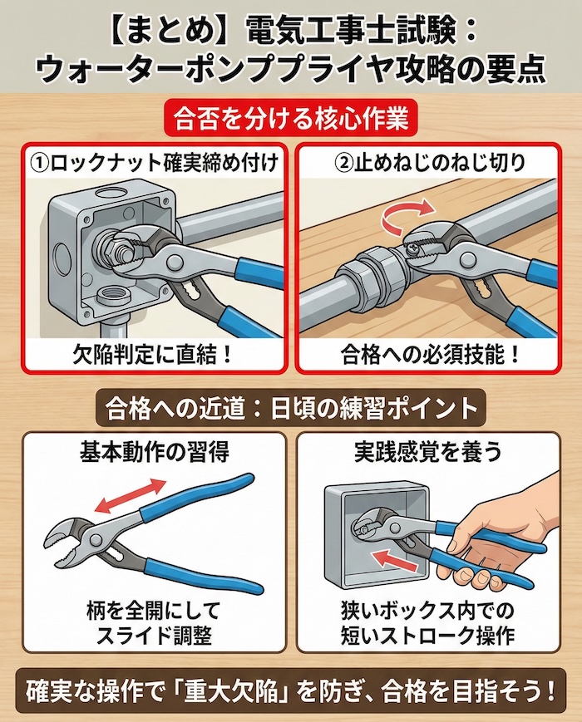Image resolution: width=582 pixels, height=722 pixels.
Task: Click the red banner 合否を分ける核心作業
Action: [291, 118]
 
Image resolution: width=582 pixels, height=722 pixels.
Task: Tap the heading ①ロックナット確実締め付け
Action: [154, 163]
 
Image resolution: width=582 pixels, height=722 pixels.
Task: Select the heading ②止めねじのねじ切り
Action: [427, 163]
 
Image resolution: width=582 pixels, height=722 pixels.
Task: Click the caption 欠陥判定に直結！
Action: [152, 355]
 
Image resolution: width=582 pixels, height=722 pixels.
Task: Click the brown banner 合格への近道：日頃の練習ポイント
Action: [291, 409]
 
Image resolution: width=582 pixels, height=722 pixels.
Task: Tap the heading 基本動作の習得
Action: [154, 452]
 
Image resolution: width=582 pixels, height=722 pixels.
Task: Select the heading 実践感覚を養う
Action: [428, 452]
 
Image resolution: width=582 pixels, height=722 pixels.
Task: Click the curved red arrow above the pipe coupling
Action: [406, 214]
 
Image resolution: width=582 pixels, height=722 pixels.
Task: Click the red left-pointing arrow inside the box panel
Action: [397, 557]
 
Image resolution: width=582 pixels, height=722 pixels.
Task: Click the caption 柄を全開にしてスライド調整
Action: [154, 623]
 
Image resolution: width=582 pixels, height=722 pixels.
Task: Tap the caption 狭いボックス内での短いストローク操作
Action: [427, 623]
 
